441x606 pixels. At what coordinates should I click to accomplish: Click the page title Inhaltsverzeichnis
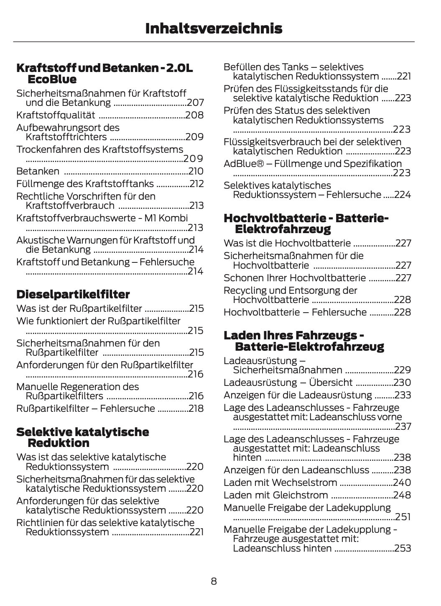[214, 28]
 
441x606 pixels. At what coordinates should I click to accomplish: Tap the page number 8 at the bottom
[214, 581]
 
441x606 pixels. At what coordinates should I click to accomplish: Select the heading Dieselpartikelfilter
[73, 294]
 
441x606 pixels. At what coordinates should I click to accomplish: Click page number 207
[195, 103]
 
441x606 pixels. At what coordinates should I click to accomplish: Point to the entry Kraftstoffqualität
[56, 115]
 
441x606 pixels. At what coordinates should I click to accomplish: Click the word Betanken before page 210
[38, 171]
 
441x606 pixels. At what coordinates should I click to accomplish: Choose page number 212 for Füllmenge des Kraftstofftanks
[196, 184]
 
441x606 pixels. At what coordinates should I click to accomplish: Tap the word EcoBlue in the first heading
[52, 80]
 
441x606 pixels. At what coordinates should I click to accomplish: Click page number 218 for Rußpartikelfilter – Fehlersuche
[196, 408]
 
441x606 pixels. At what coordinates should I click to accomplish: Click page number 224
[403, 195]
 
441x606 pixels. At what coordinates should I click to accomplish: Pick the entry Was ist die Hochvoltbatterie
[287, 243]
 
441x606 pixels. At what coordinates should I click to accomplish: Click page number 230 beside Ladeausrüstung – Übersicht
[402, 383]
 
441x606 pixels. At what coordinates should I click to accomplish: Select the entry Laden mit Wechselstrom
[280, 483]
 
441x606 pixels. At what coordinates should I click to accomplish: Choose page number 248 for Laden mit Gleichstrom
[402, 495]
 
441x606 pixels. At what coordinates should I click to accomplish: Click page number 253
[403, 548]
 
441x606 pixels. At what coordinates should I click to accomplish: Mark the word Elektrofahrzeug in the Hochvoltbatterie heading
[283, 229]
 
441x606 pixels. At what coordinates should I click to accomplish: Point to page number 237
[403, 426]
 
